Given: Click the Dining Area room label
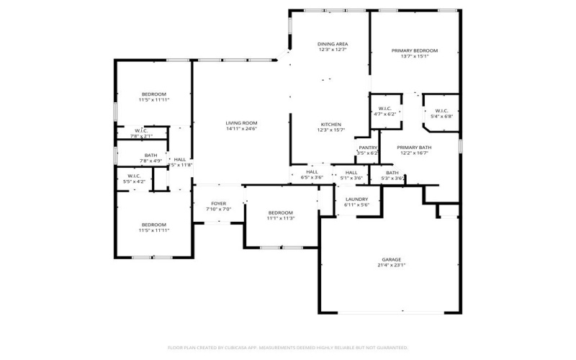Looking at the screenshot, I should click(x=332, y=44).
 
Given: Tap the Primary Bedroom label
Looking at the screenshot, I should click(x=414, y=50).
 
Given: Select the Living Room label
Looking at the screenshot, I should click(x=241, y=123).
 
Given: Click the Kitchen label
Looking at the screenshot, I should click(x=331, y=125).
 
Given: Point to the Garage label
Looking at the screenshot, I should click(x=391, y=259).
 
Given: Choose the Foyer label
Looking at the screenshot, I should click(x=218, y=204).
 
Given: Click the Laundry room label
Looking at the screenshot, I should click(x=356, y=199).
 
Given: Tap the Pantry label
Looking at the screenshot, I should click(x=368, y=148).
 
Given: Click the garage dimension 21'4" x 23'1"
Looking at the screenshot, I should click(x=391, y=265).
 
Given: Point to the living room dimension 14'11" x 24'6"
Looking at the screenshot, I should click(x=241, y=129).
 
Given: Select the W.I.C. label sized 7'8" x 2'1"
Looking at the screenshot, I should click(x=141, y=130).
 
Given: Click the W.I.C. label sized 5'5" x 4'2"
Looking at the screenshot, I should click(x=135, y=176).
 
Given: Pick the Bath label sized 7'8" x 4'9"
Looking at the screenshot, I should click(x=150, y=155).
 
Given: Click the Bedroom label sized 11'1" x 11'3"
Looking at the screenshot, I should click(x=280, y=212).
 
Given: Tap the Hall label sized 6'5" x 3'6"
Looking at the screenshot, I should click(x=312, y=172).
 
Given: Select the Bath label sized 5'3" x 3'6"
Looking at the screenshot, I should click(x=392, y=172).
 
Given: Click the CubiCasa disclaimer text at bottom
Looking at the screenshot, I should click(x=288, y=347).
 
